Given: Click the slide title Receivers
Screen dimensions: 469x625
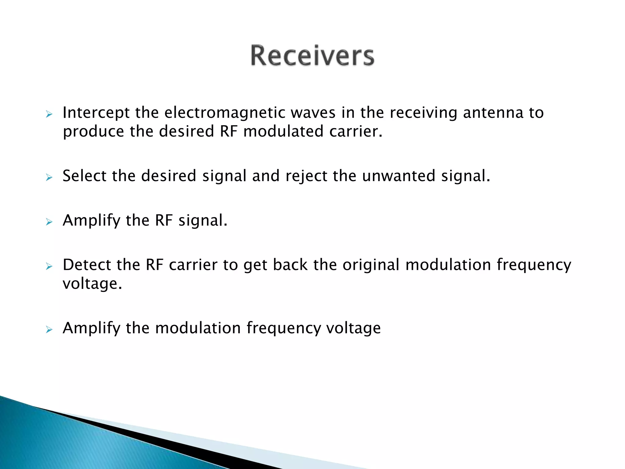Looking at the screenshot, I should click(312, 56).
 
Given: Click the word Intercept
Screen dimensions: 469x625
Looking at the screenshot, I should click(96, 113).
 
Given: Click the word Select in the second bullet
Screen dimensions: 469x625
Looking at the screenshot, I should click(84, 176).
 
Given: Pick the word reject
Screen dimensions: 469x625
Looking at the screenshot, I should click(306, 176).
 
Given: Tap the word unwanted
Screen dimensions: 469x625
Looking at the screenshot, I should click(399, 176).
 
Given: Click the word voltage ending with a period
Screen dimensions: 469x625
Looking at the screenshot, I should click(92, 284).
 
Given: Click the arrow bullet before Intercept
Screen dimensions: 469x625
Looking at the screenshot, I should click(49, 115).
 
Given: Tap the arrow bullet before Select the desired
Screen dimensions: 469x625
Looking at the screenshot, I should click(49, 177).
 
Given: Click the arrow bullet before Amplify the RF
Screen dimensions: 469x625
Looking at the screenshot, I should click(49, 222).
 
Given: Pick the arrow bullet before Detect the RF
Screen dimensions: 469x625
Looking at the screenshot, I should click(49, 267).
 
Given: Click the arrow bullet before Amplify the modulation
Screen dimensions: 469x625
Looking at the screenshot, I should click(49, 329).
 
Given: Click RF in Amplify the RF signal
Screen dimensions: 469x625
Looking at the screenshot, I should click(164, 220).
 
